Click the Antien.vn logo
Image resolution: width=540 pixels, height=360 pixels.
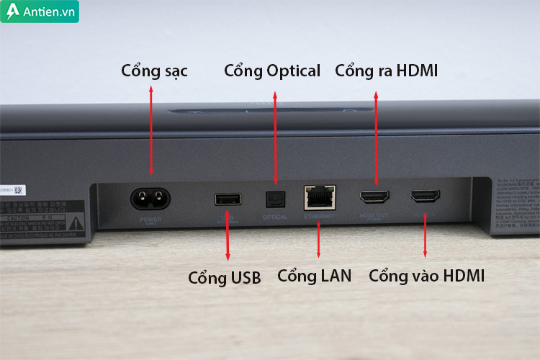[x=40, y=12]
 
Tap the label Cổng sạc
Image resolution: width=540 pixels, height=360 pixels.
[x=154, y=71]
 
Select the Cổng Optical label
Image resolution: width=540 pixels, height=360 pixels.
[x=272, y=71]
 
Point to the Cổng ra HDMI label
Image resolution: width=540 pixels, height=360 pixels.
[x=387, y=71]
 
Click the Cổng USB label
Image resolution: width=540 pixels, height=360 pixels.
[x=224, y=276]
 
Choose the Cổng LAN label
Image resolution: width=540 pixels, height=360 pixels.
[x=314, y=275]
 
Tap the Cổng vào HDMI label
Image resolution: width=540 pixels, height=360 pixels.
[x=426, y=275]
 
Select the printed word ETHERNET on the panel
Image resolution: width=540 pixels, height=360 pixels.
[x=318, y=215]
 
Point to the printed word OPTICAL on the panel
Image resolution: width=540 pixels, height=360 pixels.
[x=274, y=216]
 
